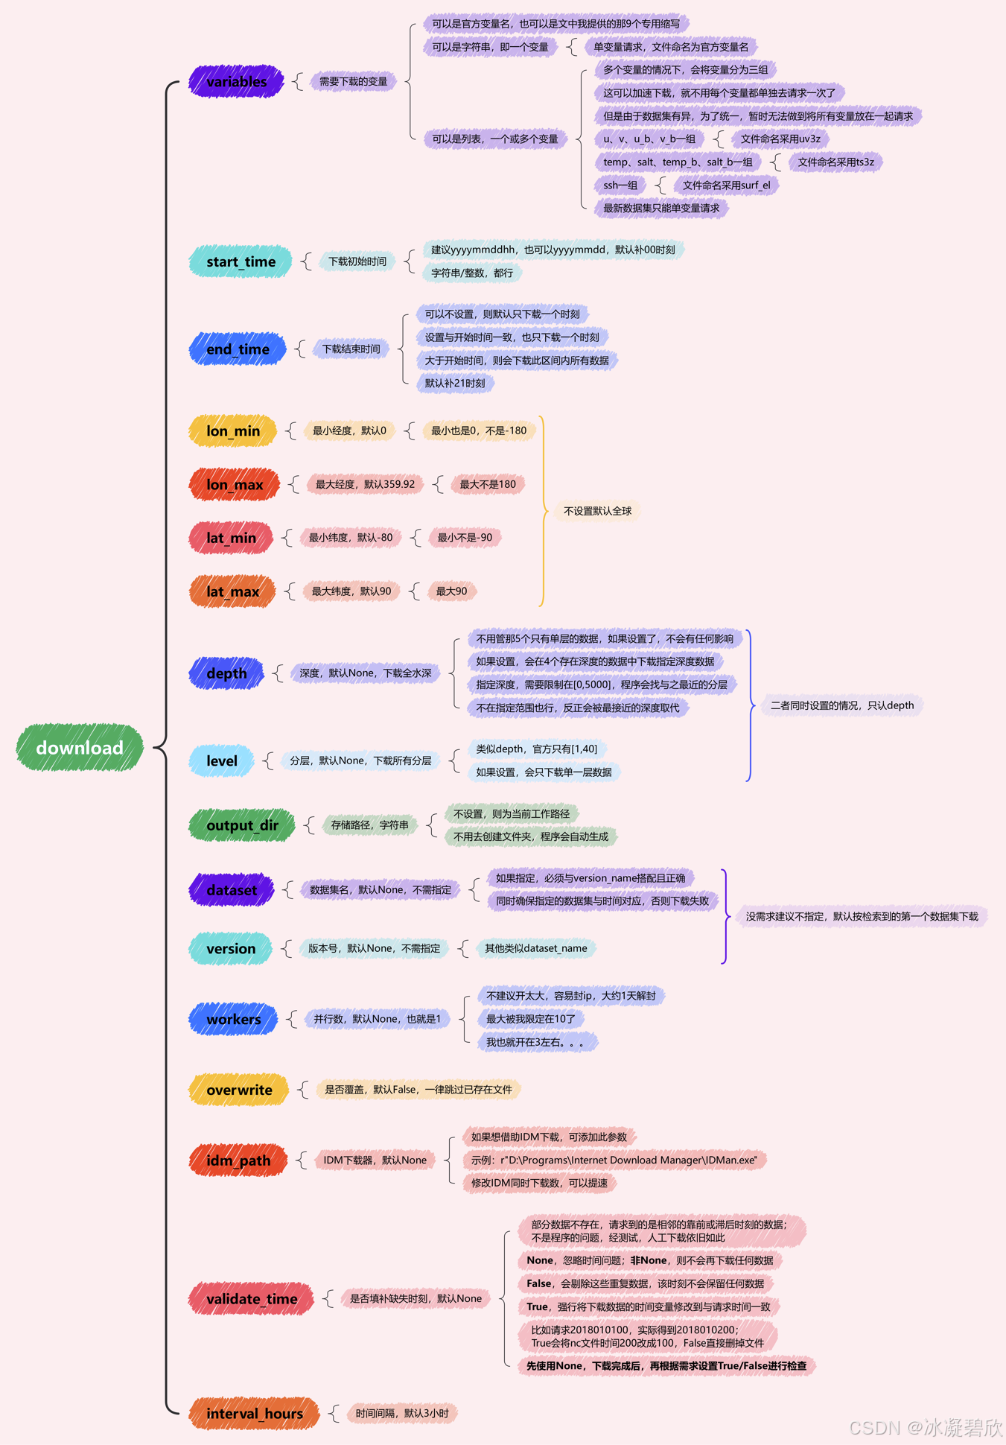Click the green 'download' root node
(x=80, y=748)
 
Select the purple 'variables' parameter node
(x=236, y=81)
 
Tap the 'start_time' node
(x=241, y=261)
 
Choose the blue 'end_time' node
(x=238, y=349)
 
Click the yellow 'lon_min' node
(x=233, y=431)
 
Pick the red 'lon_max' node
(x=235, y=484)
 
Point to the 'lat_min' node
(x=231, y=538)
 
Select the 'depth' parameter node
(x=226, y=673)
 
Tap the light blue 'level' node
(x=222, y=760)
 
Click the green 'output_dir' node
(x=242, y=825)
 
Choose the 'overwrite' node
(x=239, y=1090)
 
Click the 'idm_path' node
(x=238, y=1160)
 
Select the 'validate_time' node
(x=252, y=1299)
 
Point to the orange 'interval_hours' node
(x=254, y=1414)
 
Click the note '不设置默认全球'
(x=597, y=511)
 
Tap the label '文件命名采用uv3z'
(x=780, y=139)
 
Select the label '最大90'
(x=451, y=591)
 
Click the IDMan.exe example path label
(x=614, y=1160)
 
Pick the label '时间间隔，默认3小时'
(x=402, y=1413)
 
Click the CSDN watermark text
(x=926, y=1427)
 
